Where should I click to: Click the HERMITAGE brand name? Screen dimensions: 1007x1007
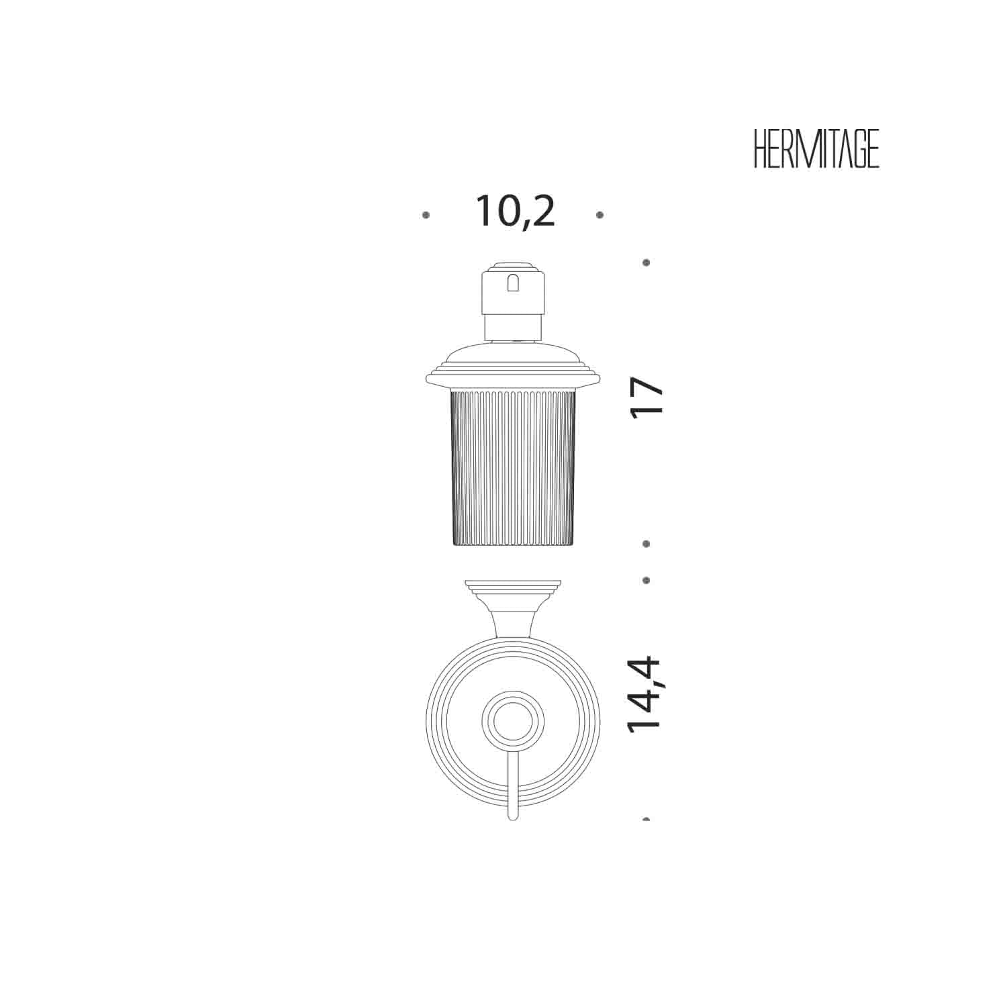(816, 149)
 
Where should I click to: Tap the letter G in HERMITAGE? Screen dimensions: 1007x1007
(855, 149)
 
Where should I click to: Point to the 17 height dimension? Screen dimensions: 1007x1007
(647, 397)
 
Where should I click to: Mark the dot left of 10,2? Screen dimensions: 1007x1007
(426, 215)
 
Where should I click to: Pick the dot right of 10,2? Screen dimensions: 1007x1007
(600, 215)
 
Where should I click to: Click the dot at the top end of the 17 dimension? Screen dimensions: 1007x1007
(646, 262)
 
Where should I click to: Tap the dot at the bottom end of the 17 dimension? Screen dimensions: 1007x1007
(646, 544)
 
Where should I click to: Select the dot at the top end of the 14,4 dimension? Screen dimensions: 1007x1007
(646, 580)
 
